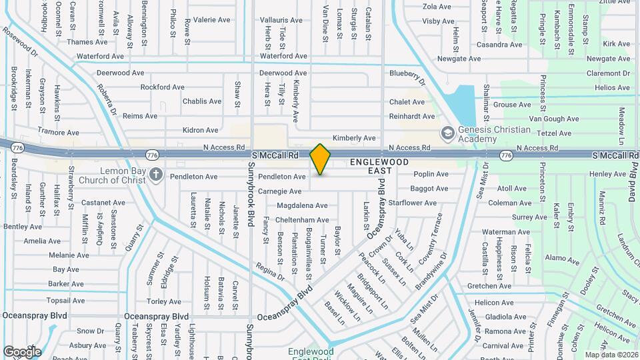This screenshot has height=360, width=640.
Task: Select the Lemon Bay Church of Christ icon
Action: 156,175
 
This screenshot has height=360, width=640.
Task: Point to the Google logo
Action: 21,351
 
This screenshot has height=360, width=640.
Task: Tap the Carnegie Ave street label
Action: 279,191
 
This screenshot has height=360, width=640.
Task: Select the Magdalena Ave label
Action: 303,205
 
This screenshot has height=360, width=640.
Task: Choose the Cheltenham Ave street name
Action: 302,220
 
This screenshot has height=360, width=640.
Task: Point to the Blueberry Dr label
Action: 407,77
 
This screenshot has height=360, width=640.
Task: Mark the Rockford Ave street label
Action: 162,87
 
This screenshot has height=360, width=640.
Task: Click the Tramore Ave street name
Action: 58,131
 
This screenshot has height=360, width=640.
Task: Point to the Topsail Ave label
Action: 67,301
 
